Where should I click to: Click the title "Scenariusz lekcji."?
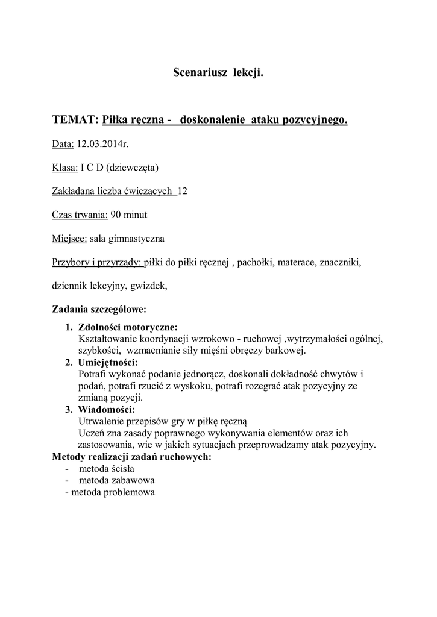pos(218,73)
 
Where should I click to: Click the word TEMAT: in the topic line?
pos(75,120)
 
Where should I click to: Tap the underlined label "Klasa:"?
pos(64,168)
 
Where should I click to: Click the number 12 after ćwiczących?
pos(183,191)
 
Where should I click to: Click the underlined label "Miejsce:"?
pos(69,239)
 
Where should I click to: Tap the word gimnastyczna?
pos(139,239)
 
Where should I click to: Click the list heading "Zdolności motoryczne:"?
pos(128,328)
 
